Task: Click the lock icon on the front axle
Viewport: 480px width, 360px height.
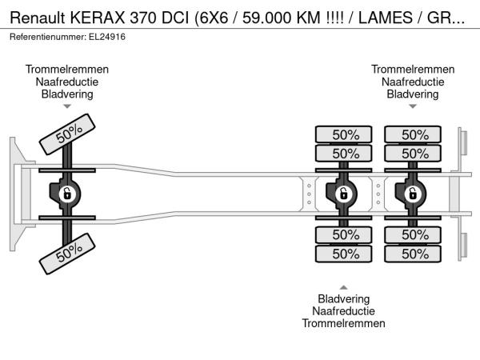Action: click(x=67, y=194)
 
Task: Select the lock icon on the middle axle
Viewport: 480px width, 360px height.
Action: click(x=344, y=194)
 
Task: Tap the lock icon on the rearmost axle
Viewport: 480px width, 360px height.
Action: click(x=414, y=194)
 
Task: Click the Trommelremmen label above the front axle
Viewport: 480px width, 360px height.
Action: click(x=67, y=70)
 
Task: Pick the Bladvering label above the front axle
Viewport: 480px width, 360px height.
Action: click(x=67, y=94)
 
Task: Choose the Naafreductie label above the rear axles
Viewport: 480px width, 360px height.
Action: click(x=413, y=82)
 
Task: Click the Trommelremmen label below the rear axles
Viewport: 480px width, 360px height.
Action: click(x=344, y=323)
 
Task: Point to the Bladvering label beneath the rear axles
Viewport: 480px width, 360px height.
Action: click(x=344, y=299)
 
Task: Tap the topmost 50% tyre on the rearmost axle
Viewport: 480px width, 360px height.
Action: click(x=414, y=134)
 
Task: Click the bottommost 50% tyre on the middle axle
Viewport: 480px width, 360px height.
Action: click(x=345, y=254)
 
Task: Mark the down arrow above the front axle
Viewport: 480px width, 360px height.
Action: click(x=67, y=106)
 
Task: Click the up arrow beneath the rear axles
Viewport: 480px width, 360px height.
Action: click(x=344, y=286)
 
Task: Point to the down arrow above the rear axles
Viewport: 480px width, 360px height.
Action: click(x=413, y=106)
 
